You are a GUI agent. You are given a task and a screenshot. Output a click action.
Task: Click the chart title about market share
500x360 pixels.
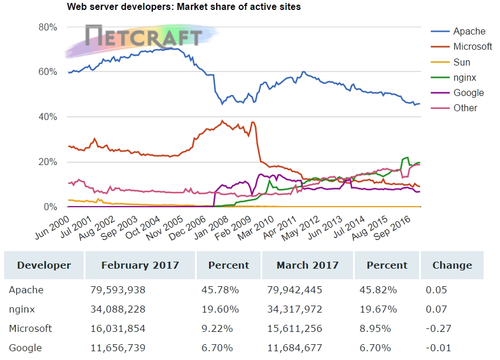184,7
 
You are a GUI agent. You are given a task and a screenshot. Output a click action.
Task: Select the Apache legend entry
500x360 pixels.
469,32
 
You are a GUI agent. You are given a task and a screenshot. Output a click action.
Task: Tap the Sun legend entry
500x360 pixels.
461,62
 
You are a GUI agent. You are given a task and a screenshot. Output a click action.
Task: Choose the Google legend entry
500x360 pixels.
468,92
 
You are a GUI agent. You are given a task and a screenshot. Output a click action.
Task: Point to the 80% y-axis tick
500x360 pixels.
47,27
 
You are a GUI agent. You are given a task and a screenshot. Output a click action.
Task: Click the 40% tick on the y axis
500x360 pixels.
47,117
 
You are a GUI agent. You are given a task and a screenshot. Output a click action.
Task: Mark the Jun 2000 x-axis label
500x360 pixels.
48,225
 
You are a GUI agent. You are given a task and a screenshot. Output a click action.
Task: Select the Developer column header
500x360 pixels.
44,265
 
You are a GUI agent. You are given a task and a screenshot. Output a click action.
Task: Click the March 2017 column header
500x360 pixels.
307,265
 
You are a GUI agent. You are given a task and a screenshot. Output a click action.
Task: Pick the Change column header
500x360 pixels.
452,265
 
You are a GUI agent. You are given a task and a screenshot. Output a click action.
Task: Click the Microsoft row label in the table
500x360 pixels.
30,328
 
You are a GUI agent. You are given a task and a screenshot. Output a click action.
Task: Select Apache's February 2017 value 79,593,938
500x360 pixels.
118,290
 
